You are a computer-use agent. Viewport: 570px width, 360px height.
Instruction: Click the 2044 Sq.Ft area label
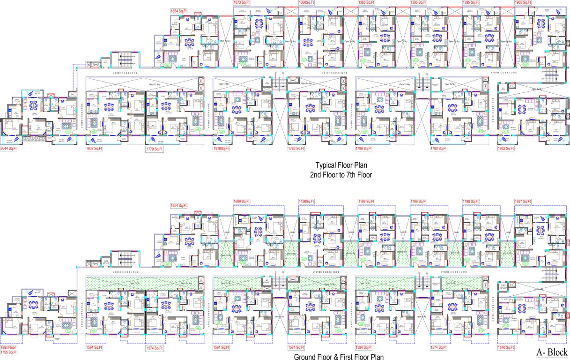(8, 149)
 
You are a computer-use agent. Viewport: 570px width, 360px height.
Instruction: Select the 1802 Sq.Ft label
(94, 149)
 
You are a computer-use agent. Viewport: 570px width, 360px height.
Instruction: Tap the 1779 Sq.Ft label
(155, 149)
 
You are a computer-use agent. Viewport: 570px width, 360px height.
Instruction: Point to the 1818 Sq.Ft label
(221, 149)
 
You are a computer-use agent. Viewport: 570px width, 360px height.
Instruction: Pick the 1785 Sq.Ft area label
(296, 149)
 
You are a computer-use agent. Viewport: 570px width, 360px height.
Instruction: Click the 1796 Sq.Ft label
(364, 149)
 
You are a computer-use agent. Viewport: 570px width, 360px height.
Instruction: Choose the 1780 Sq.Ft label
(439, 149)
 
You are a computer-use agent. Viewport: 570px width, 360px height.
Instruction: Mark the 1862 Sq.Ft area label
(506, 149)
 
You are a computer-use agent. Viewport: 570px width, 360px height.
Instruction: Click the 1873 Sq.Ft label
(242, 3)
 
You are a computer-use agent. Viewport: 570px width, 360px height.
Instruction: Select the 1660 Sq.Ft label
(307, 3)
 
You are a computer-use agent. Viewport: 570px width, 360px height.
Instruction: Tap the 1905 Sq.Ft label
(523, 3)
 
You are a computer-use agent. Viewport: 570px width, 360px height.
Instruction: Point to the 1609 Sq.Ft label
(242, 202)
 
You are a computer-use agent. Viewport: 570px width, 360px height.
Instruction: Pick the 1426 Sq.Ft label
(307, 202)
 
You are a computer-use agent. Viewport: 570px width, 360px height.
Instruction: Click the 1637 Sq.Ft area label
(523, 202)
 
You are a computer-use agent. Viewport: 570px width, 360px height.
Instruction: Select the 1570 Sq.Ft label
(506, 348)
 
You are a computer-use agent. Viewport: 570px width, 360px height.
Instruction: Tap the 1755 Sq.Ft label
(8, 352)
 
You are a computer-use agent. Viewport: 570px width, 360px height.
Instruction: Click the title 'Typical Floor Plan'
(341, 165)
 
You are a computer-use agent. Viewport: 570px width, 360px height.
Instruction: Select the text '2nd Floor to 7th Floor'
(341, 175)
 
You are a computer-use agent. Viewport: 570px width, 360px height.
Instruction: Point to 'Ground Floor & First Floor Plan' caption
(339, 357)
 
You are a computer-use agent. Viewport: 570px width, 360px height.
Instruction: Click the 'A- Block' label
(552, 352)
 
